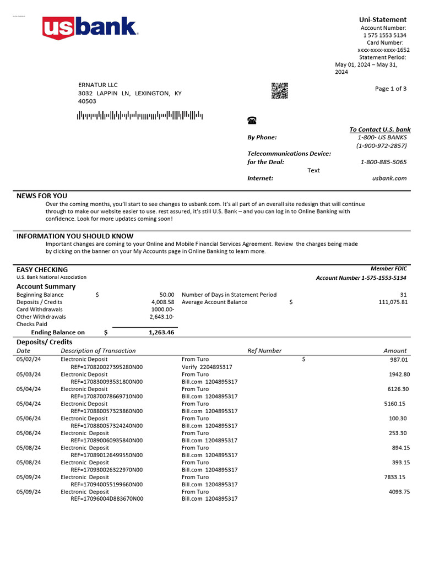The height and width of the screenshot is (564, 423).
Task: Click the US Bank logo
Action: click(90, 28)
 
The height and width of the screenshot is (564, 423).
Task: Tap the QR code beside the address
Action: click(280, 91)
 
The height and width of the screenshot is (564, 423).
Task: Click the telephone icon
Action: click(252, 121)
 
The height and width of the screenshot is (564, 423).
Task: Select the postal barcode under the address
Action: click(140, 116)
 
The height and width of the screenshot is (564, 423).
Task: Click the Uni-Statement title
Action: click(383, 20)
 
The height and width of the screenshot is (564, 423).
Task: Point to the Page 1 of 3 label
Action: click(391, 89)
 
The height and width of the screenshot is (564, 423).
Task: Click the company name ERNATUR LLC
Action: click(98, 85)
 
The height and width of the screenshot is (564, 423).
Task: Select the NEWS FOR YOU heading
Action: click(42, 196)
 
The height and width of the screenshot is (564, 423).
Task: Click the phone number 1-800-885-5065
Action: click(383, 162)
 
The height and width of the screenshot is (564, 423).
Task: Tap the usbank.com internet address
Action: click(389, 178)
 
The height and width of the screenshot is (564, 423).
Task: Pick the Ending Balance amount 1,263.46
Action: click(161, 333)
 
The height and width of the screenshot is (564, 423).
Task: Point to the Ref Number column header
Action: click(264, 351)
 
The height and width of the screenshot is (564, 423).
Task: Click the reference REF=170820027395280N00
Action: click(106, 367)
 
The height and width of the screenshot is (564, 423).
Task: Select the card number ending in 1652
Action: click(383, 50)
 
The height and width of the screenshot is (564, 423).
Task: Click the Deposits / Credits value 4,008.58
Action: click(162, 302)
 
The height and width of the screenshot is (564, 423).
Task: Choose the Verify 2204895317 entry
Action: click(207, 367)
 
